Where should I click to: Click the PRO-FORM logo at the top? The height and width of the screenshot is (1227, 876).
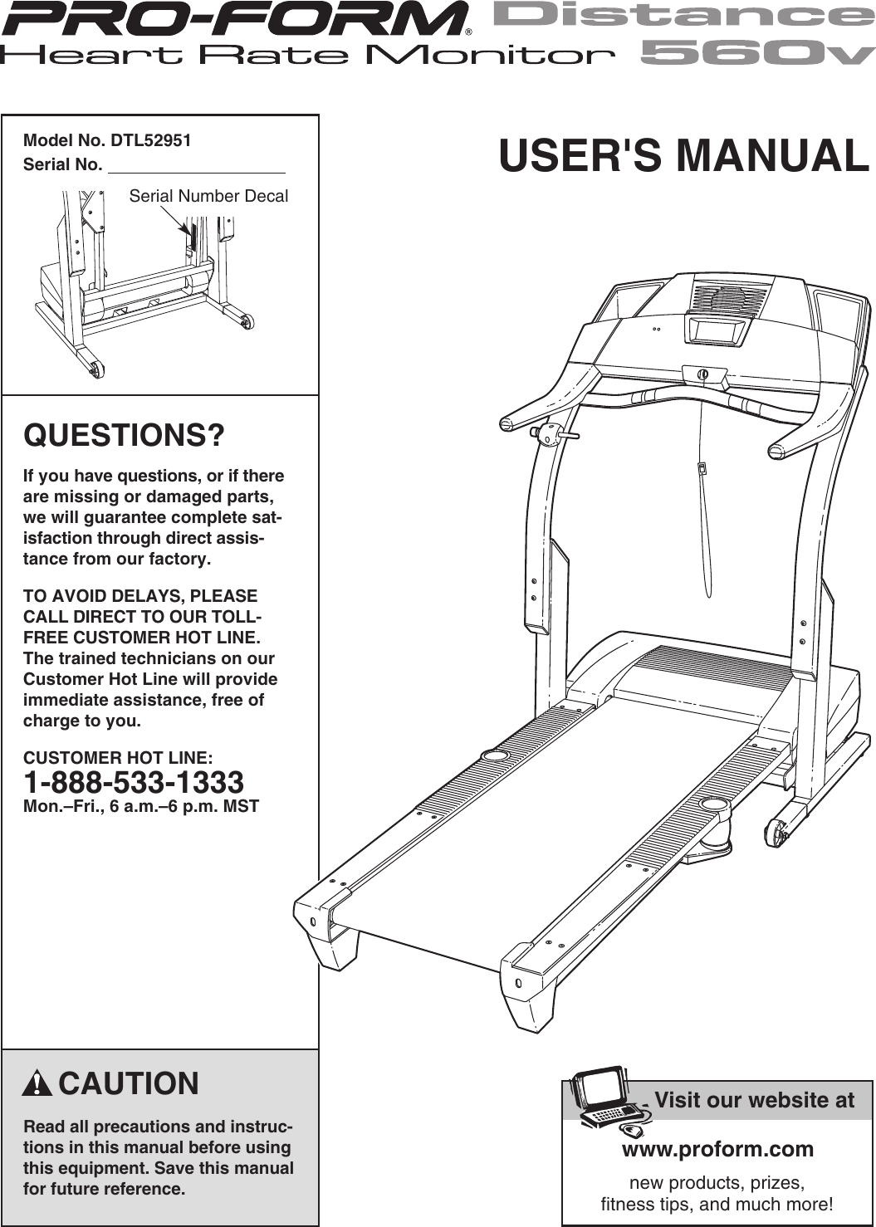[x=235, y=18]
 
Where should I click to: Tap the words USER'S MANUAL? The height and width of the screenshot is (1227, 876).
[x=683, y=156]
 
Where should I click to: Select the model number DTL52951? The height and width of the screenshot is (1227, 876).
[x=150, y=140]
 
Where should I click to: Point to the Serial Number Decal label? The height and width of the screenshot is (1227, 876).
[x=208, y=197]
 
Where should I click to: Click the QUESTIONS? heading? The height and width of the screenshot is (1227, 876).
[x=124, y=435]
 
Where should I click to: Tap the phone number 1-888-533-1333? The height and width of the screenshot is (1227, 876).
[x=134, y=783]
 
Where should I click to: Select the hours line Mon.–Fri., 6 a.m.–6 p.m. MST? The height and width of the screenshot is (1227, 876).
[x=141, y=806]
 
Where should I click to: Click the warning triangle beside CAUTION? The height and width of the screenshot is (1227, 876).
[x=37, y=1084]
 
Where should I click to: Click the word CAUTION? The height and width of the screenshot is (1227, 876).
[x=129, y=1084]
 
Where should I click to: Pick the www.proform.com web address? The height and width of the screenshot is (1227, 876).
[x=717, y=1149]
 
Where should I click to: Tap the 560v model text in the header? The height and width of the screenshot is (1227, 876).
[x=757, y=54]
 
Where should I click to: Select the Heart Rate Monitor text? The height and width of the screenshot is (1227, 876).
[x=307, y=56]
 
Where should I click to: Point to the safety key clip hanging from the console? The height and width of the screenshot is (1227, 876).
[x=702, y=468]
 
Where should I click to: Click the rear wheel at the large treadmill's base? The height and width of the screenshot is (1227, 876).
[x=777, y=832]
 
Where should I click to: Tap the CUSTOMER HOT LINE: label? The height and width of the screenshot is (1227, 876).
[x=118, y=758]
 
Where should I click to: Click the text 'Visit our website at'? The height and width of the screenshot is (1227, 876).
[x=754, y=1101]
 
